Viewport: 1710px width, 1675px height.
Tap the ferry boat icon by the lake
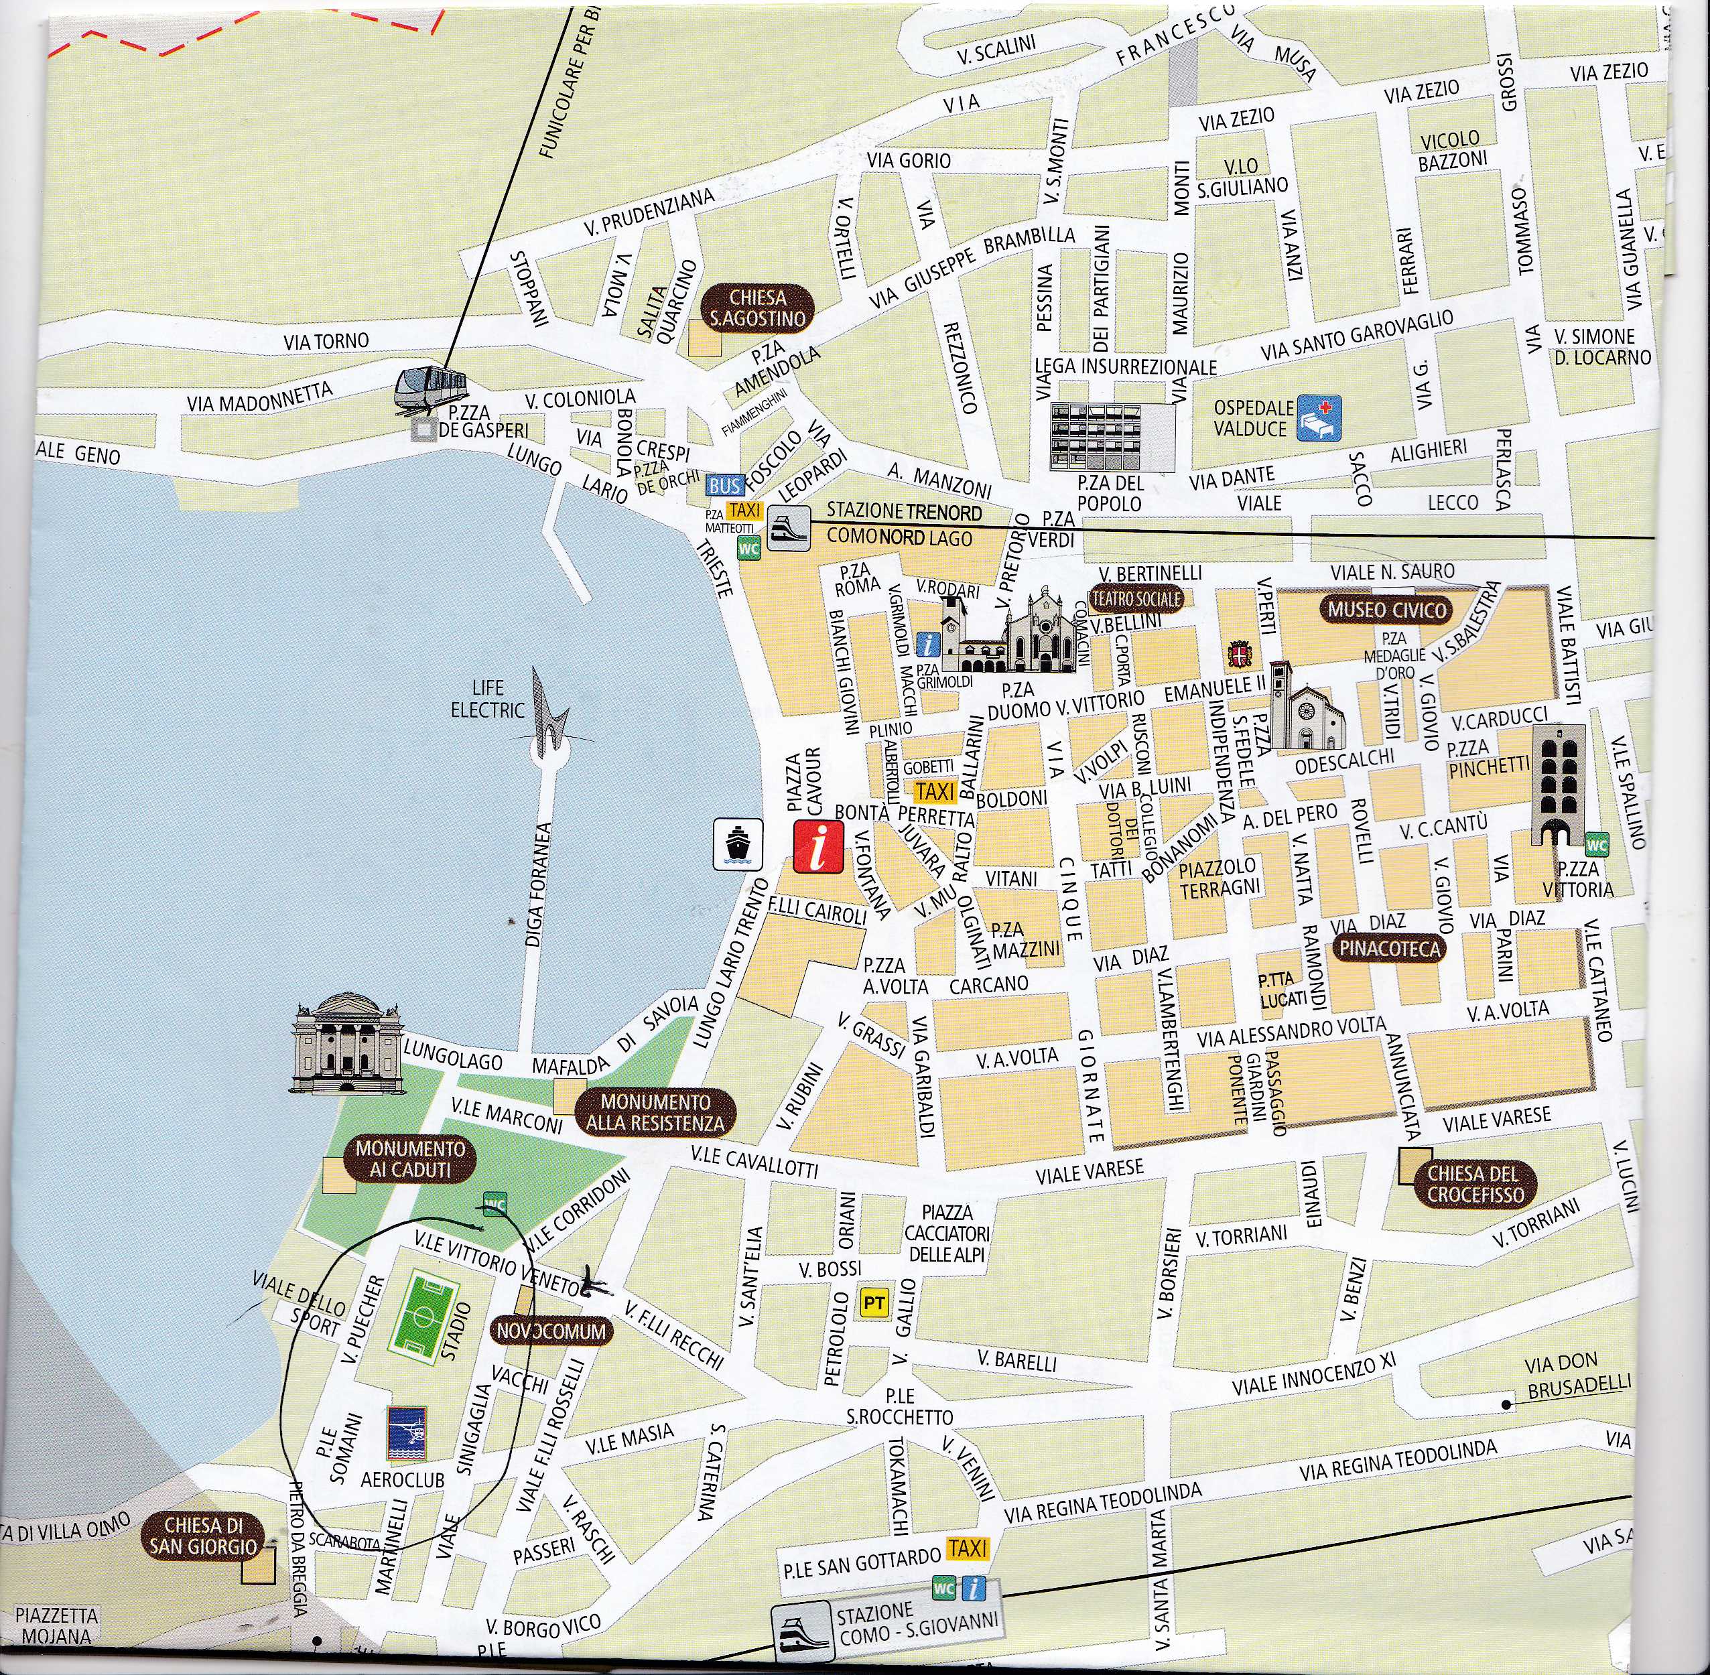pos(737,844)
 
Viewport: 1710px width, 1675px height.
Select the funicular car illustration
pos(430,389)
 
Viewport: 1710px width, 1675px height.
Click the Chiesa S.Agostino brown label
pos(757,309)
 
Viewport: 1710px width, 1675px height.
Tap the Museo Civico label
pos(1387,610)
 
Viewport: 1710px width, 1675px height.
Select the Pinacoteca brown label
pos(1389,947)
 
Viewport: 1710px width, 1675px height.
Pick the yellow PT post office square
pos(874,1303)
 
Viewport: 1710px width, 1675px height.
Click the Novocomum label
pos(551,1331)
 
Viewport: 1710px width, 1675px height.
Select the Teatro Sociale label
pos(1136,599)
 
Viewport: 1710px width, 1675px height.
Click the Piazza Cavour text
pos(804,779)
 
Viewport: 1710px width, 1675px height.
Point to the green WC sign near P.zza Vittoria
pos(1597,846)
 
